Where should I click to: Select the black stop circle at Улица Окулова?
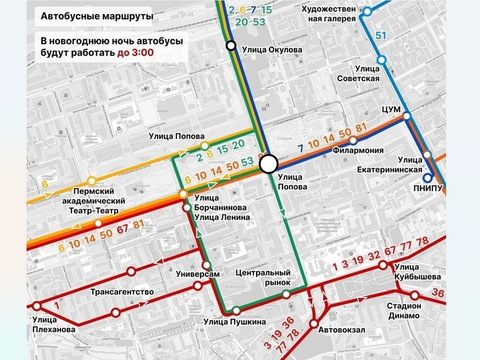pos(230,45)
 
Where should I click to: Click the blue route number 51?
pos(381,35)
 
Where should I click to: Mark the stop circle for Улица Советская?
pos(382,60)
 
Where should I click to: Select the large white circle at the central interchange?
pos(269,165)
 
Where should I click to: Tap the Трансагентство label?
pos(122,292)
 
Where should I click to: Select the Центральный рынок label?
pos(263,277)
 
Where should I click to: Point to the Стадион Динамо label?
pos(403,310)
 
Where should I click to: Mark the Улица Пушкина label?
pos(234,323)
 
